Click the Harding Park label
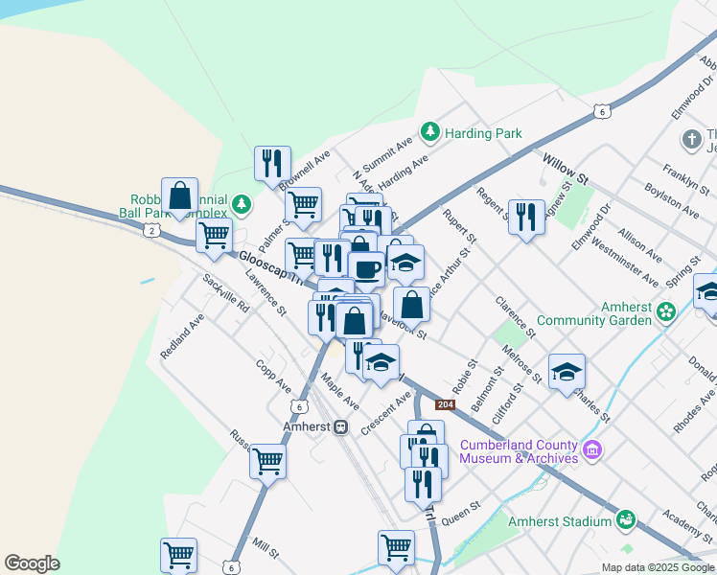(x=483, y=133)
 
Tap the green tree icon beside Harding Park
(x=430, y=132)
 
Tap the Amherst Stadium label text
(x=560, y=520)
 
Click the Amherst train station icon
(x=340, y=426)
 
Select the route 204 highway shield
(x=444, y=404)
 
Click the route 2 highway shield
(x=151, y=230)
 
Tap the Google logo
(x=33, y=563)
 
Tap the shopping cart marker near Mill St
(x=178, y=553)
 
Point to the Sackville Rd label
(x=226, y=293)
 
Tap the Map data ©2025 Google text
(x=658, y=567)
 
